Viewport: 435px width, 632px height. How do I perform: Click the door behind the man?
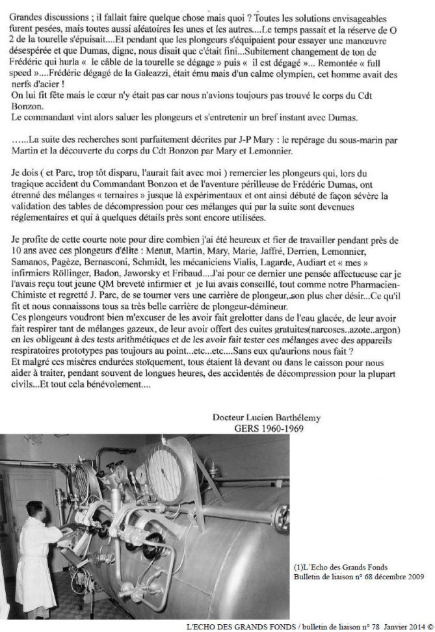coord(26,494)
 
